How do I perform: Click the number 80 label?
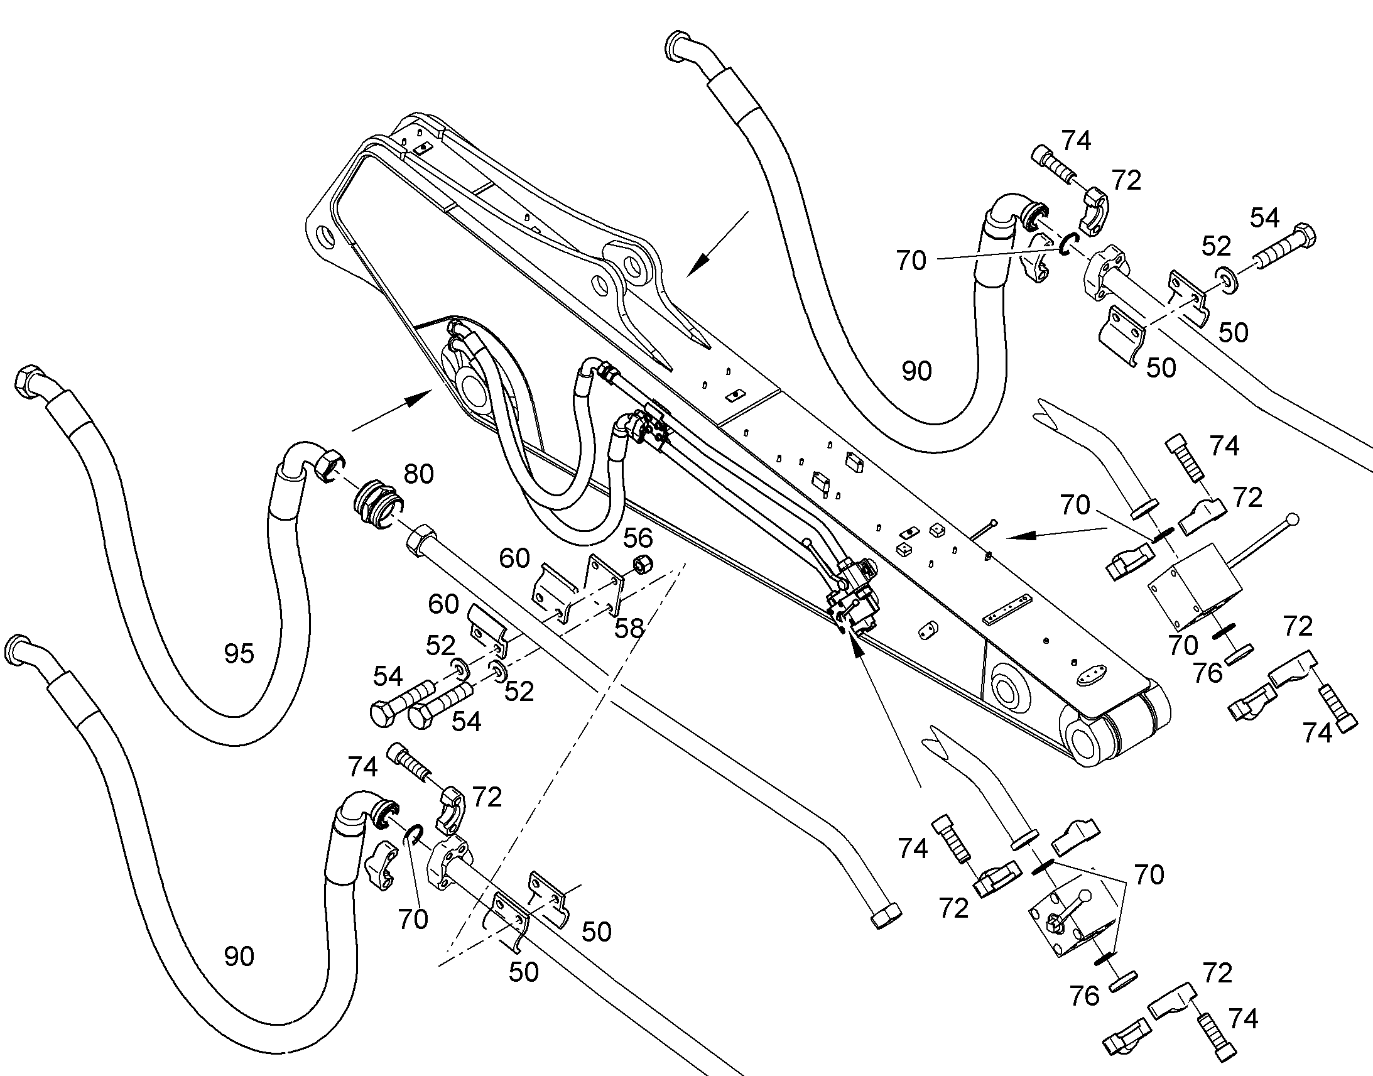tap(418, 474)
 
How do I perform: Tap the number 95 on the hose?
tap(239, 654)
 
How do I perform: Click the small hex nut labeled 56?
tap(641, 565)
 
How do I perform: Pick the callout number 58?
tap(629, 628)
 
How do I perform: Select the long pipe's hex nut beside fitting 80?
tap(420, 540)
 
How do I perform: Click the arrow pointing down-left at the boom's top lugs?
tap(717, 243)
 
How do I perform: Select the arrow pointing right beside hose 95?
tap(391, 410)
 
